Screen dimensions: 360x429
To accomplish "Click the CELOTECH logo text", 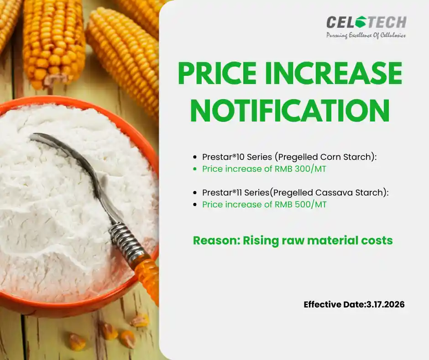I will (x=366, y=22).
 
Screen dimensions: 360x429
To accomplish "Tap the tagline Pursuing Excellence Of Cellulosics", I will (x=366, y=36).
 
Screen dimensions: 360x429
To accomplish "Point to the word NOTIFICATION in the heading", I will (x=290, y=110).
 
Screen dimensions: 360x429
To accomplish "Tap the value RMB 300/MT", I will (x=300, y=169).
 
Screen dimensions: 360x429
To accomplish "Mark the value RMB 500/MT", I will (x=300, y=204).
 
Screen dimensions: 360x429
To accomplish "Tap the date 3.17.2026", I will (x=385, y=304).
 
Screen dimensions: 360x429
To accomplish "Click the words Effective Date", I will (x=335, y=304).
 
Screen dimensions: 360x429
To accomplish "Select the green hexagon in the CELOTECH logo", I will (x=361, y=21).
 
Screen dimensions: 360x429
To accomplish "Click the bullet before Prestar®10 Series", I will (x=195, y=157).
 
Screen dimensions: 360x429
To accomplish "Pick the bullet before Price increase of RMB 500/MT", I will (x=195, y=205).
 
